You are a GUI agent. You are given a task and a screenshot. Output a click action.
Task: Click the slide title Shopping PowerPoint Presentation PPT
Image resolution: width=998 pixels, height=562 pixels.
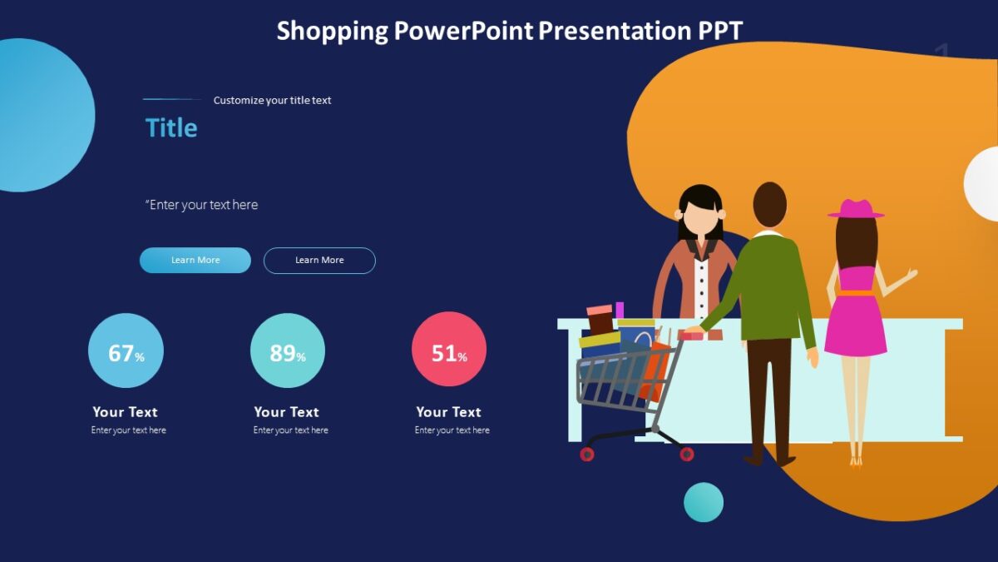(x=509, y=31)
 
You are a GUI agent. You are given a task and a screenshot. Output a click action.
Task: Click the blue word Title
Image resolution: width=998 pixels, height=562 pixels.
(x=171, y=127)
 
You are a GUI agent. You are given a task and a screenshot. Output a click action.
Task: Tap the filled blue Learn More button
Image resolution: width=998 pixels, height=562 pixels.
(x=195, y=261)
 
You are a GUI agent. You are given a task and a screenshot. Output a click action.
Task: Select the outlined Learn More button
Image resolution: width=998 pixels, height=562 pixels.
(x=319, y=261)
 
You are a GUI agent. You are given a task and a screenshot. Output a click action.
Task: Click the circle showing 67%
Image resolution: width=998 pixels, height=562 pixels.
(x=126, y=351)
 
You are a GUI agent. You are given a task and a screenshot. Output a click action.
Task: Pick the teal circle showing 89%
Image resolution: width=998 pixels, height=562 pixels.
(x=288, y=351)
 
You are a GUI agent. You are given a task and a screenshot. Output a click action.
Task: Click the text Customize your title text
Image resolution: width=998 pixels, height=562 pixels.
(x=272, y=100)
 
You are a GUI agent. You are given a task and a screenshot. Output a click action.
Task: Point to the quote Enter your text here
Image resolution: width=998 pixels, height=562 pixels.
(x=202, y=205)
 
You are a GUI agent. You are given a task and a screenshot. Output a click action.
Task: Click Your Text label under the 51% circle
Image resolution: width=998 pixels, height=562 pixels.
(x=448, y=412)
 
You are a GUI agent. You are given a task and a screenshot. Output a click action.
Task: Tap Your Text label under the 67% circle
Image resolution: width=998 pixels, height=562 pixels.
(x=125, y=412)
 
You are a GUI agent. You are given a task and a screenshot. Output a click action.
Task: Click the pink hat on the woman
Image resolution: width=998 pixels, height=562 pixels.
(x=856, y=209)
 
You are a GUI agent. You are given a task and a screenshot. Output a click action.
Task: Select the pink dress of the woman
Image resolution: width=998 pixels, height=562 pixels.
(x=856, y=321)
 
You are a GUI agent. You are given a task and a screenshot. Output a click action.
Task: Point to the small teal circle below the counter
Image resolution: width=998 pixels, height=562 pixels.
(x=704, y=502)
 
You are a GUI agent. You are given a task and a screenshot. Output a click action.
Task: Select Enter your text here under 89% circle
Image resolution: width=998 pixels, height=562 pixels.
(x=290, y=430)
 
